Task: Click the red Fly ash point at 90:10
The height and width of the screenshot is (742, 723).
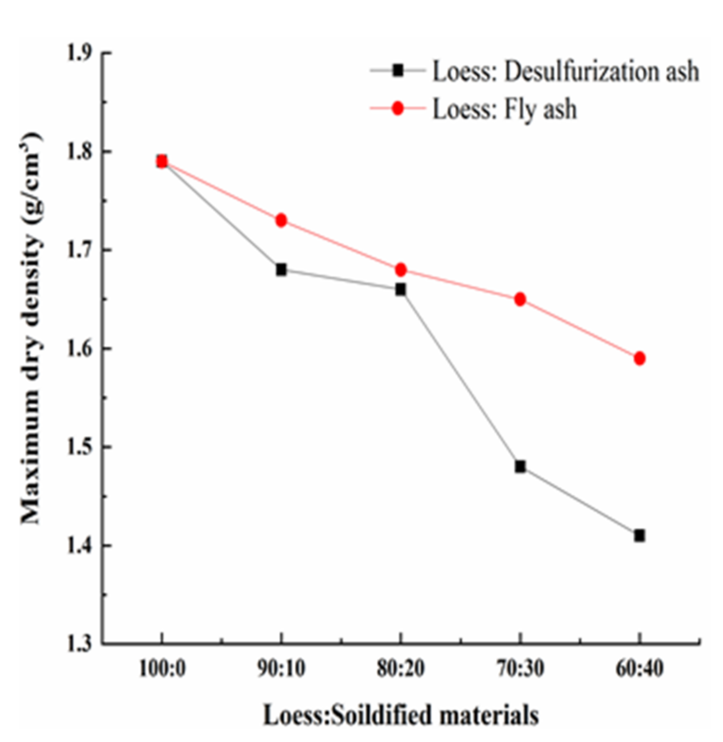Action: (x=281, y=220)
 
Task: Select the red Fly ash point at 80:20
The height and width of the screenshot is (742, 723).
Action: (x=401, y=269)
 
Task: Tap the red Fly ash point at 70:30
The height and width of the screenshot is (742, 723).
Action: (x=520, y=299)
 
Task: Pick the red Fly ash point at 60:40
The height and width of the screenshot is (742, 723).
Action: (x=639, y=358)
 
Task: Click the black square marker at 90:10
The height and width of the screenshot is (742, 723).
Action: (x=281, y=269)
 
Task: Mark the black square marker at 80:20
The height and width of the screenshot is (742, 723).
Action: (x=401, y=289)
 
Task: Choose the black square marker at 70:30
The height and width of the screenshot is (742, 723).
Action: (x=520, y=467)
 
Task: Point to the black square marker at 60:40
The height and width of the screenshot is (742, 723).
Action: (x=639, y=536)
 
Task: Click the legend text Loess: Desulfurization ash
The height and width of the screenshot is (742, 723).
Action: (x=566, y=71)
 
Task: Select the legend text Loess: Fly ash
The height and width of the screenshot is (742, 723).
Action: (x=504, y=109)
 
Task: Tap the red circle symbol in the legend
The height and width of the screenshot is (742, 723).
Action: (x=398, y=108)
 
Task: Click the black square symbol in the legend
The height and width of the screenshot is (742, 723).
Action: (x=398, y=70)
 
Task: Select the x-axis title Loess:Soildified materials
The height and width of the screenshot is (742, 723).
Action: (x=401, y=716)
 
